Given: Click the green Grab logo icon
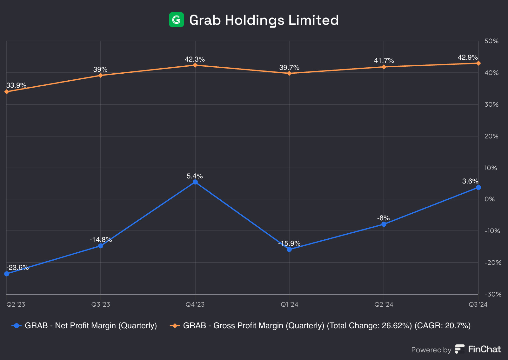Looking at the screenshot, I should point(176,20).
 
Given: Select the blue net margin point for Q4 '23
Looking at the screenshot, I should point(195,182).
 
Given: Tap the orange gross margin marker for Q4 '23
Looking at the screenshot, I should point(195,65).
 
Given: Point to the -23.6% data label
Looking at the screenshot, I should point(17,268).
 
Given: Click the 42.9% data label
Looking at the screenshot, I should point(467,57).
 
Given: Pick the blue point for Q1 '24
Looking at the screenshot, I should point(289,249).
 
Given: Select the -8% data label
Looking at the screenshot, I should point(383,218).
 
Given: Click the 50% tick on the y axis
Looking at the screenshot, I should point(491,41).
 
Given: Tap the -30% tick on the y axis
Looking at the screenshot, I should point(493,294).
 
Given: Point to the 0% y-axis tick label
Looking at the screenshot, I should point(490,199).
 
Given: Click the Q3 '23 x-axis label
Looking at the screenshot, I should point(101,305).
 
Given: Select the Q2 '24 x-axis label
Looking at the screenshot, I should point(384,305).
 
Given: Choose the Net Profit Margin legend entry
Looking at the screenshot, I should point(90,326).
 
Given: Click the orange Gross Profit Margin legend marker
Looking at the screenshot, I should point(175,326).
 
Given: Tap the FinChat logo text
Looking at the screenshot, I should point(484,349).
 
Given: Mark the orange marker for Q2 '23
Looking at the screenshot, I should point(7,92).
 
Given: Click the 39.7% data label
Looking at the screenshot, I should point(289,68).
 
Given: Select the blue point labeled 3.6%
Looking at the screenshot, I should point(478,187).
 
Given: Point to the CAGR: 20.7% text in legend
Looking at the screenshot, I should point(442,326).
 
